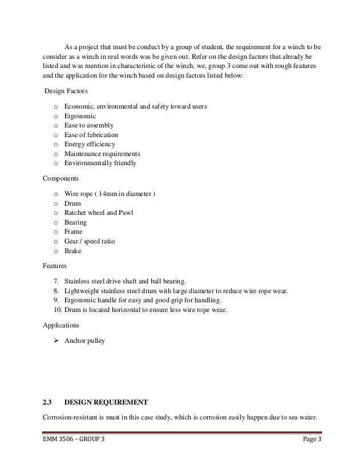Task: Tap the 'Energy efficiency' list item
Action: pos(90,144)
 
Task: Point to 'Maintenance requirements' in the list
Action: pos(102,154)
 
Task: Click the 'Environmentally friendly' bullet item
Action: pos(100,163)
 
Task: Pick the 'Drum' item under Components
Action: pos(72,203)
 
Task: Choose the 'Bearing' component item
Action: pos(76,222)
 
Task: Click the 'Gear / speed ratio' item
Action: pos(90,241)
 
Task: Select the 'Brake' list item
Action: pos(73,251)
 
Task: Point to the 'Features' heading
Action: pos(55,266)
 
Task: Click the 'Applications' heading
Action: pos(62,325)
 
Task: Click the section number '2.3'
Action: pos(48,401)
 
